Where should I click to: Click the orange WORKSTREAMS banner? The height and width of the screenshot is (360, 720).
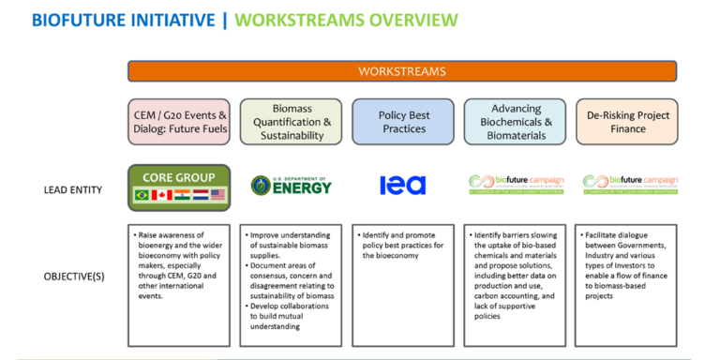pos(402,71)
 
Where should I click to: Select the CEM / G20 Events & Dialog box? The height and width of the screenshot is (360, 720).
pos(181,122)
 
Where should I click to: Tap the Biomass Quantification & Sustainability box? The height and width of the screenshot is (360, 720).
pos(292,122)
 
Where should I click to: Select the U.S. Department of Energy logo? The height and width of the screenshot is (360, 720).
pos(292,185)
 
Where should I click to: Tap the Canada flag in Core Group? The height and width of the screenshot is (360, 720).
pos(162,194)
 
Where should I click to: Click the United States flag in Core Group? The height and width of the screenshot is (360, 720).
pos(218,194)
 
